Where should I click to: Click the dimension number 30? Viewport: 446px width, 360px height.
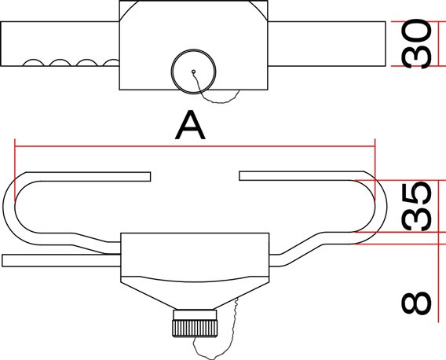coord(416,43)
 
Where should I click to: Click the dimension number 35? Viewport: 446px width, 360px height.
coord(416,206)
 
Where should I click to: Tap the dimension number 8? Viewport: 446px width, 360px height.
coord(416,303)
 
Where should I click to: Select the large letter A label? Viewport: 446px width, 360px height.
coord(190,125)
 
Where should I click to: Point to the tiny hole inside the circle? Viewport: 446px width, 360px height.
coord(193,72)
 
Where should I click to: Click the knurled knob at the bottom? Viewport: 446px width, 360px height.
coord(195,324)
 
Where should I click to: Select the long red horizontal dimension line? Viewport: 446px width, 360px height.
coord(195,146)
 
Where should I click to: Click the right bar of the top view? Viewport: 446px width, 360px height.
coord(327,43)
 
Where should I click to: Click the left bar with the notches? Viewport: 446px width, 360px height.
coord(60,43)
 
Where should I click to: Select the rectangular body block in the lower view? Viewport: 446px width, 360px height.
coord(195,255)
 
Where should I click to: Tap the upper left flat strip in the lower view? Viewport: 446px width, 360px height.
coord(88,177)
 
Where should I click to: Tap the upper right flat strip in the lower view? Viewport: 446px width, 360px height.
coord(302,176)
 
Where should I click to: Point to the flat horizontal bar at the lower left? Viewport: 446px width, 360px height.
coord(61,261)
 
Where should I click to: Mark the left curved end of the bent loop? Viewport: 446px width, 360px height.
coord(9,208)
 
